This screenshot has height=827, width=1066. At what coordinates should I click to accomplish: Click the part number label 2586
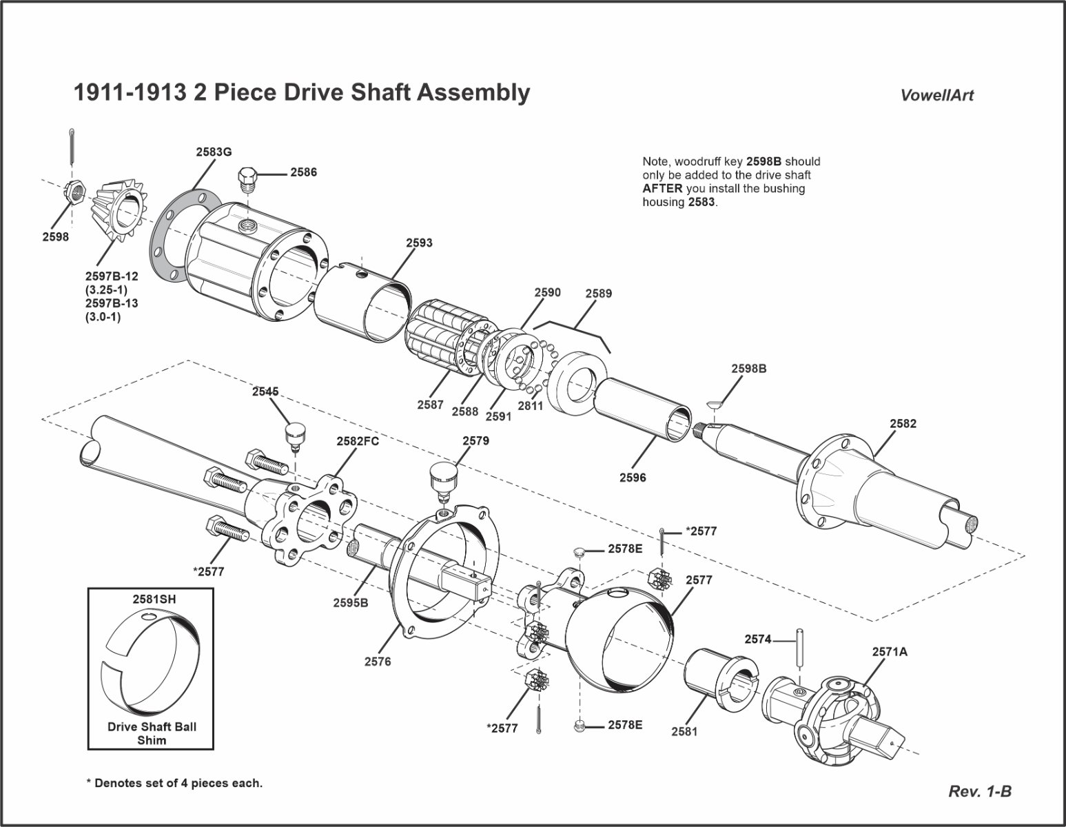click(x=303, y=172)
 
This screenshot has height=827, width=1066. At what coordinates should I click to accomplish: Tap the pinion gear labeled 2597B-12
click(x=120, y=206)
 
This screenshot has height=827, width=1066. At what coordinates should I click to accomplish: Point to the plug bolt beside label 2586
click(x=248, y=181)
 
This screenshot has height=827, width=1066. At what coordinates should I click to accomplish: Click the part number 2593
click(x=419, y=243)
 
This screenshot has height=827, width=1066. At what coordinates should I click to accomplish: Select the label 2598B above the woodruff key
click(x=748, y=369)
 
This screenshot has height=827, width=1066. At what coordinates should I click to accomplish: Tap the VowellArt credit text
click(x=936, y=96)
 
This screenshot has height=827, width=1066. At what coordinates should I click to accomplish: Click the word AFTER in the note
click(x=662, y=188)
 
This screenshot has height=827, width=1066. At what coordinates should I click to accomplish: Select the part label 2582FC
click(x=358, y=441)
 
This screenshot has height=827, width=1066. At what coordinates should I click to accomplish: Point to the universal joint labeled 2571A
click(x=837, y=713)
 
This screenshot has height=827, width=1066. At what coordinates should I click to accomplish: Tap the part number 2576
click(x=378, y=662)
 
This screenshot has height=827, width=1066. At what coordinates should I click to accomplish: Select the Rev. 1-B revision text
click(x=980, y=791)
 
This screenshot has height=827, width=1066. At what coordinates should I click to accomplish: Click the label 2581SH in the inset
click(x=154, y=600)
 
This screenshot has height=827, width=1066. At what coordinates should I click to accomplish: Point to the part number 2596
click(x=633, y=477)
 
